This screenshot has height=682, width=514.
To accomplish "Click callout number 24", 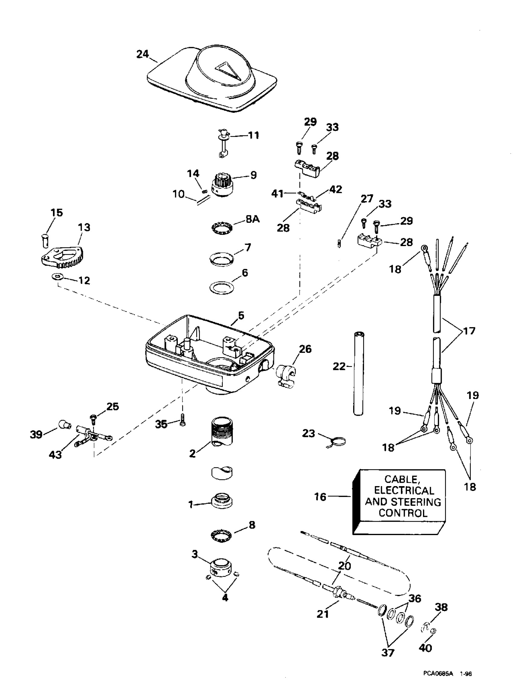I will click(x=143, y=54).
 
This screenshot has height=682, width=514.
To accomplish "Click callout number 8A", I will click(x=252, y=219).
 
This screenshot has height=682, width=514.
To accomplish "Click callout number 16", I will click(x=320, y=497).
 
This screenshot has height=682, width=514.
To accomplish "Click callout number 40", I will click(x=425, y=648).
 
